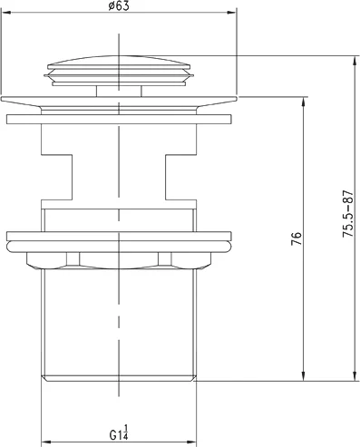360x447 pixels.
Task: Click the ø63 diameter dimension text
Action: point(118,6)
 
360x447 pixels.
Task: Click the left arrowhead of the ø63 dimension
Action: point(5,13)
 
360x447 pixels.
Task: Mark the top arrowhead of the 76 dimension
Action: point(303,102)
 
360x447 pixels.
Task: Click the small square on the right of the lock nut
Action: point(165,260)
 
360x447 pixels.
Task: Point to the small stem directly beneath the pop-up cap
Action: point(118,90)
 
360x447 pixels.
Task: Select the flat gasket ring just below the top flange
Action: point(118,119)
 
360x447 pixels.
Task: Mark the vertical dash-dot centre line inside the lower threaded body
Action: point(118,326)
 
